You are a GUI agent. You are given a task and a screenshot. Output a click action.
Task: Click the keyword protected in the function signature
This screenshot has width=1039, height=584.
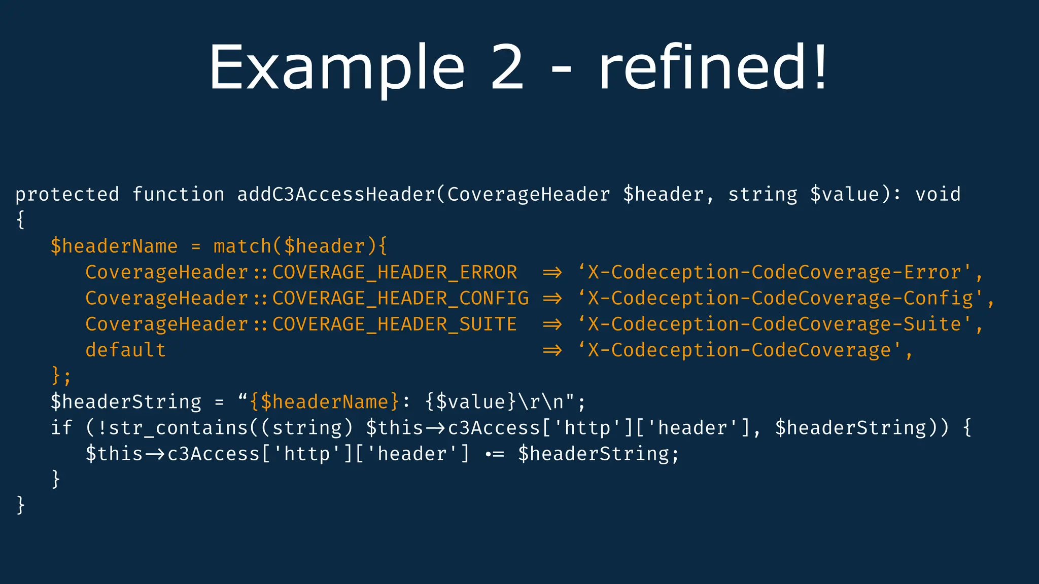point(67,194)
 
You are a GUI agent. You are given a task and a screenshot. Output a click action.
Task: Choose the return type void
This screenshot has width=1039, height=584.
point(938,194)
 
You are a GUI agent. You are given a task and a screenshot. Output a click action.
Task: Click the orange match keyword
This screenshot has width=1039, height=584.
point(242,246)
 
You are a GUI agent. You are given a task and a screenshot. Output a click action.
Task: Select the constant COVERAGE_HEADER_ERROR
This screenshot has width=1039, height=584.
point(394,272)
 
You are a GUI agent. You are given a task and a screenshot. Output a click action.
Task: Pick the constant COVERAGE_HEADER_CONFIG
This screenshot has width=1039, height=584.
point(400,298)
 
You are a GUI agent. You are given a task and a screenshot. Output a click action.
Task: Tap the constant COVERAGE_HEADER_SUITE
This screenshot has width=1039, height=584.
point(394,324)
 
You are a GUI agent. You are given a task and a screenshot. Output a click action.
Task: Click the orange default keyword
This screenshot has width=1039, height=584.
point(125,350)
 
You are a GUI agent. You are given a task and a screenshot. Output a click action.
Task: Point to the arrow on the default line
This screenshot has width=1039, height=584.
point(552,350)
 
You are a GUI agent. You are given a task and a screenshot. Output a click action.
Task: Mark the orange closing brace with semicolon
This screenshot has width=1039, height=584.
point(61,376)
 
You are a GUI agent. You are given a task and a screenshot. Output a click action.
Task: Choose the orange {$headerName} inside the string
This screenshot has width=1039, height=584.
point(324,402)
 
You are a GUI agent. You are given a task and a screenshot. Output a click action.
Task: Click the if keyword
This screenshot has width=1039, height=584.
point(61,428)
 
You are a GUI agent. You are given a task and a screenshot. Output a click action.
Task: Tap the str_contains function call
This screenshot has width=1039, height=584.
point(178,428)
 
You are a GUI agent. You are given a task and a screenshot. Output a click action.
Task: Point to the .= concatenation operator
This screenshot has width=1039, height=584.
point(494,454)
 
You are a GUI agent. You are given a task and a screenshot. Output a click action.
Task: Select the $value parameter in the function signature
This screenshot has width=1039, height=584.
point(844,194)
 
